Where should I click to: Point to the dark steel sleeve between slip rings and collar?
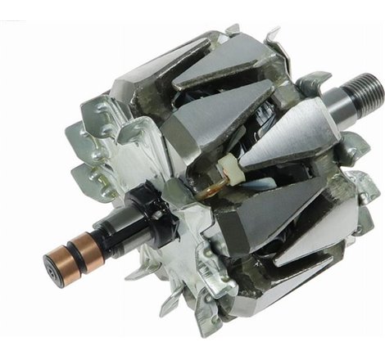coord(106,234)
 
